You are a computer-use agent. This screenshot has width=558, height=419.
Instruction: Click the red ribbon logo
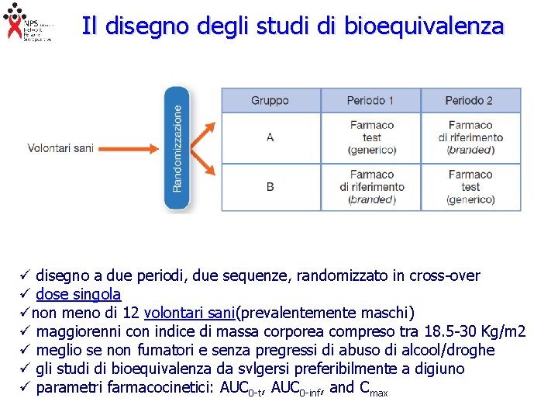(13, 22)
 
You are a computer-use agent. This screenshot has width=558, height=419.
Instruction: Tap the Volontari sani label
(60, 148)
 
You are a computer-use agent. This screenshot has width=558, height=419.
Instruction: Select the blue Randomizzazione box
(177, 148)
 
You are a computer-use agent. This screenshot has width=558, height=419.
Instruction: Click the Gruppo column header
(270, 101)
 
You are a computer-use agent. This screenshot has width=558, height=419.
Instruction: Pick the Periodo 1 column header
(370, 101)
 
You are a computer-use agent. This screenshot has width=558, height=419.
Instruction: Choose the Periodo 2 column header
(470, 101)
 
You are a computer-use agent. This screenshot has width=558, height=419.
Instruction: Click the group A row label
(270, 137)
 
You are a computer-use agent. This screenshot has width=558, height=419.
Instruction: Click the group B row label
(270, 187)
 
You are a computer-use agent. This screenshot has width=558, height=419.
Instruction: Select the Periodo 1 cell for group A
(371, 137)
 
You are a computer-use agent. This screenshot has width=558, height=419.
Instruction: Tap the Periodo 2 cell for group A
(470, 137)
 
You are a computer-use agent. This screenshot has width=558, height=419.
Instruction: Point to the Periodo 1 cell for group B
(371, 187)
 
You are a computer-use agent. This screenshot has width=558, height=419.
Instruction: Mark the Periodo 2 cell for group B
(470, 187)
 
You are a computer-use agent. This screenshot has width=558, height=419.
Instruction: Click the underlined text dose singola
(78, 295)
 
